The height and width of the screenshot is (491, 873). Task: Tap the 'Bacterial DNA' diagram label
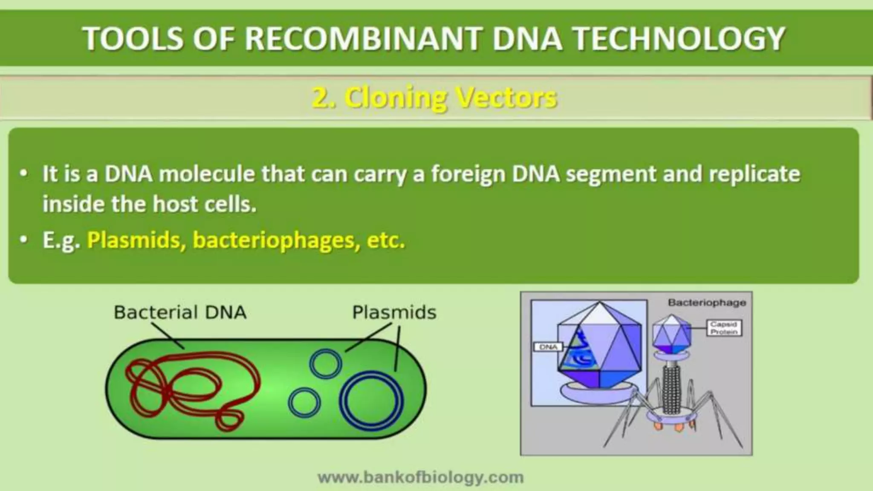pos(180,312)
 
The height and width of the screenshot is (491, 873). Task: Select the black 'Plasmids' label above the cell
pos(394,312)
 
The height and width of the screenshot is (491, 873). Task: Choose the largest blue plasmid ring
pos(371,401)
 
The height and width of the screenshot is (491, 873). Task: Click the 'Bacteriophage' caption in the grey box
pos(707,303)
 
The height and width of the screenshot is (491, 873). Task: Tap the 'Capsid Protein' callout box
pos(724,328)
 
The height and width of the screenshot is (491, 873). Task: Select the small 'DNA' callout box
pos(548,347)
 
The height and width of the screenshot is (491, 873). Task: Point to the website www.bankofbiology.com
pos(421,477)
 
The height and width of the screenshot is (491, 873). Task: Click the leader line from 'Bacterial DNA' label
pos(168,336)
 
